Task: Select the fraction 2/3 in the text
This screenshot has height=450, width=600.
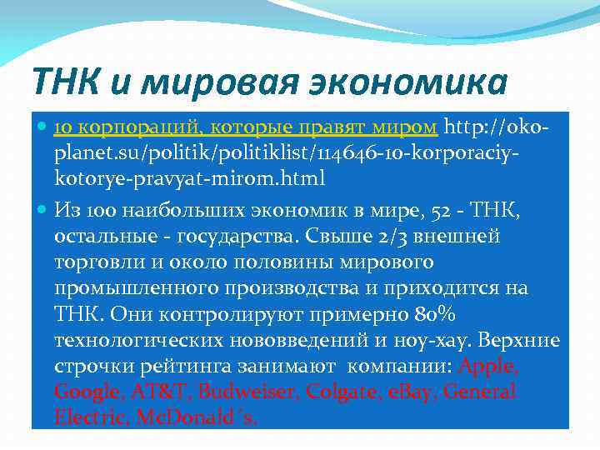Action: (x=391, y=237)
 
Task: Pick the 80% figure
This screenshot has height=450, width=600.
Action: (x=434, y=315)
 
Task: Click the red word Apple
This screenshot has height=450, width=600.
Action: (x=489, y=367)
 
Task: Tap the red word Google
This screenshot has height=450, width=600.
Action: (x=85, y=392)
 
